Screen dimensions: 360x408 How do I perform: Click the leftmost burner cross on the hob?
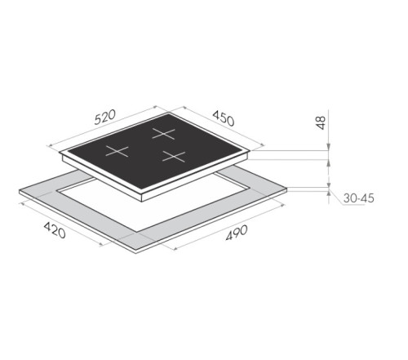click(120, 150)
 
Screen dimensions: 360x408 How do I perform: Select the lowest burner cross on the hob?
click(174, 156)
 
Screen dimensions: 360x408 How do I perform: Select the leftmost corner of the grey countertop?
click(18, 193)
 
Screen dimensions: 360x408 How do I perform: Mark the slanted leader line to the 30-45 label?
click(337, 196)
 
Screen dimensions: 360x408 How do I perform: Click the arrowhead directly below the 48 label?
click(328, 148)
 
